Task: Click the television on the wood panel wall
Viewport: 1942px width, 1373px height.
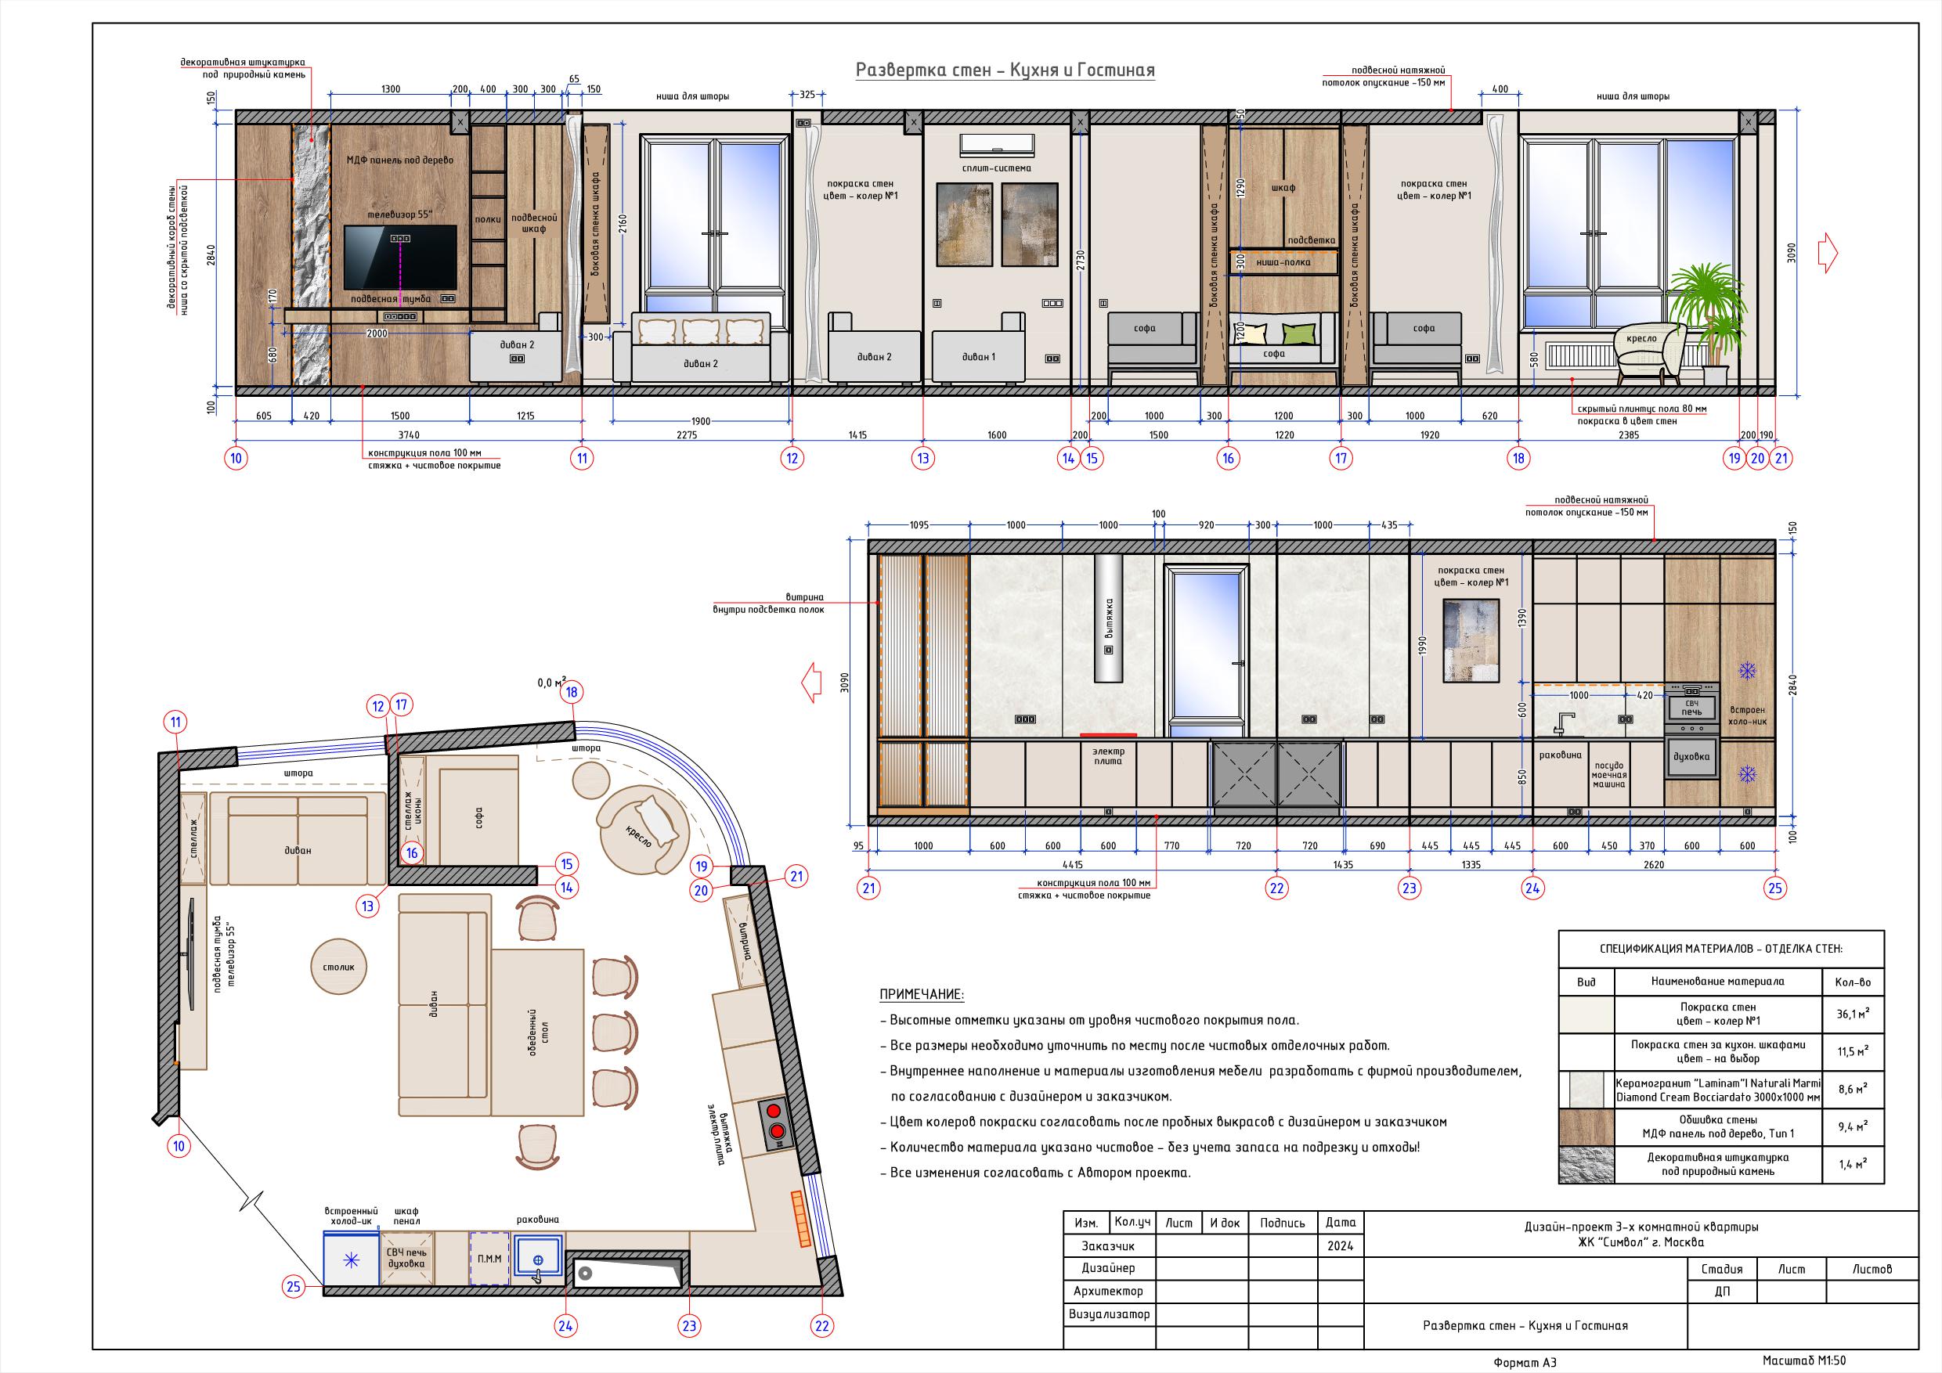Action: [400, 257]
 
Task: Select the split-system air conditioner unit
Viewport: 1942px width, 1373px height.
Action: [997, 144]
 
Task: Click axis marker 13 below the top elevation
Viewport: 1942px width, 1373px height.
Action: [922, 458]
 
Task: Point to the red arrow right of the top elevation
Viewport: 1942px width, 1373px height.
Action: [1828, 254]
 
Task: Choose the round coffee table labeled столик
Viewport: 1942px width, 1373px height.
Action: [338, 966]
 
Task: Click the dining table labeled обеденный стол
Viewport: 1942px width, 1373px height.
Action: [539, 1032]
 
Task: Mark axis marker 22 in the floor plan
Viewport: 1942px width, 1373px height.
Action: [822, 1326]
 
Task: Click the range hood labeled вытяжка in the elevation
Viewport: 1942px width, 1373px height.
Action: [1108, 618]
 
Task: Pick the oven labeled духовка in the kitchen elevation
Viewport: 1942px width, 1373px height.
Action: [1691, 757]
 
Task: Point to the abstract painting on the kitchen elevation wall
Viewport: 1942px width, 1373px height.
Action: [1471, 640]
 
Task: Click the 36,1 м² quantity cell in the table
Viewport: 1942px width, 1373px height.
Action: [1853, 1014]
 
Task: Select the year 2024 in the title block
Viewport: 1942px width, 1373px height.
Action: [1341, 1245]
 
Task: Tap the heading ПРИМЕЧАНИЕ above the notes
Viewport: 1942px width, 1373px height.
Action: [921, 994]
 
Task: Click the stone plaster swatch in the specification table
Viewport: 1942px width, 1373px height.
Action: [1586, 1164]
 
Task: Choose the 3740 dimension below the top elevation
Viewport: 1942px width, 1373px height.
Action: [409, 434]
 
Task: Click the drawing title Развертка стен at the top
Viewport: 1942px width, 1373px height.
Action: [1005, 70]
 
